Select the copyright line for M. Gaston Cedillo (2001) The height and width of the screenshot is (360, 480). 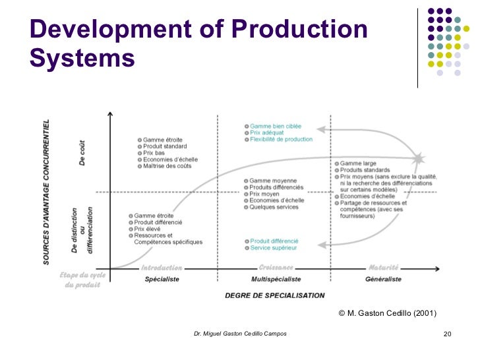387,313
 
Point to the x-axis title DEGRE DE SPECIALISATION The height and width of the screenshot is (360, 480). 275,295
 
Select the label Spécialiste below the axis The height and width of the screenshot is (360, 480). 162,280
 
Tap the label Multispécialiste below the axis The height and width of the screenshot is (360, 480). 275,280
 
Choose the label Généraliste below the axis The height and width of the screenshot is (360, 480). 383,280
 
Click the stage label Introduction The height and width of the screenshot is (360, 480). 162,268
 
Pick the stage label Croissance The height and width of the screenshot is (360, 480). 276,268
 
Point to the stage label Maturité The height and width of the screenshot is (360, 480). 383,268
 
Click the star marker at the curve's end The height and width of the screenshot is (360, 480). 417,159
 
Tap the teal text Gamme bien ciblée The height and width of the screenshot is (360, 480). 276,125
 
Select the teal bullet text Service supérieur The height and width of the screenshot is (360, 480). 273,248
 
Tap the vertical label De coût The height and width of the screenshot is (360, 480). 82,154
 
